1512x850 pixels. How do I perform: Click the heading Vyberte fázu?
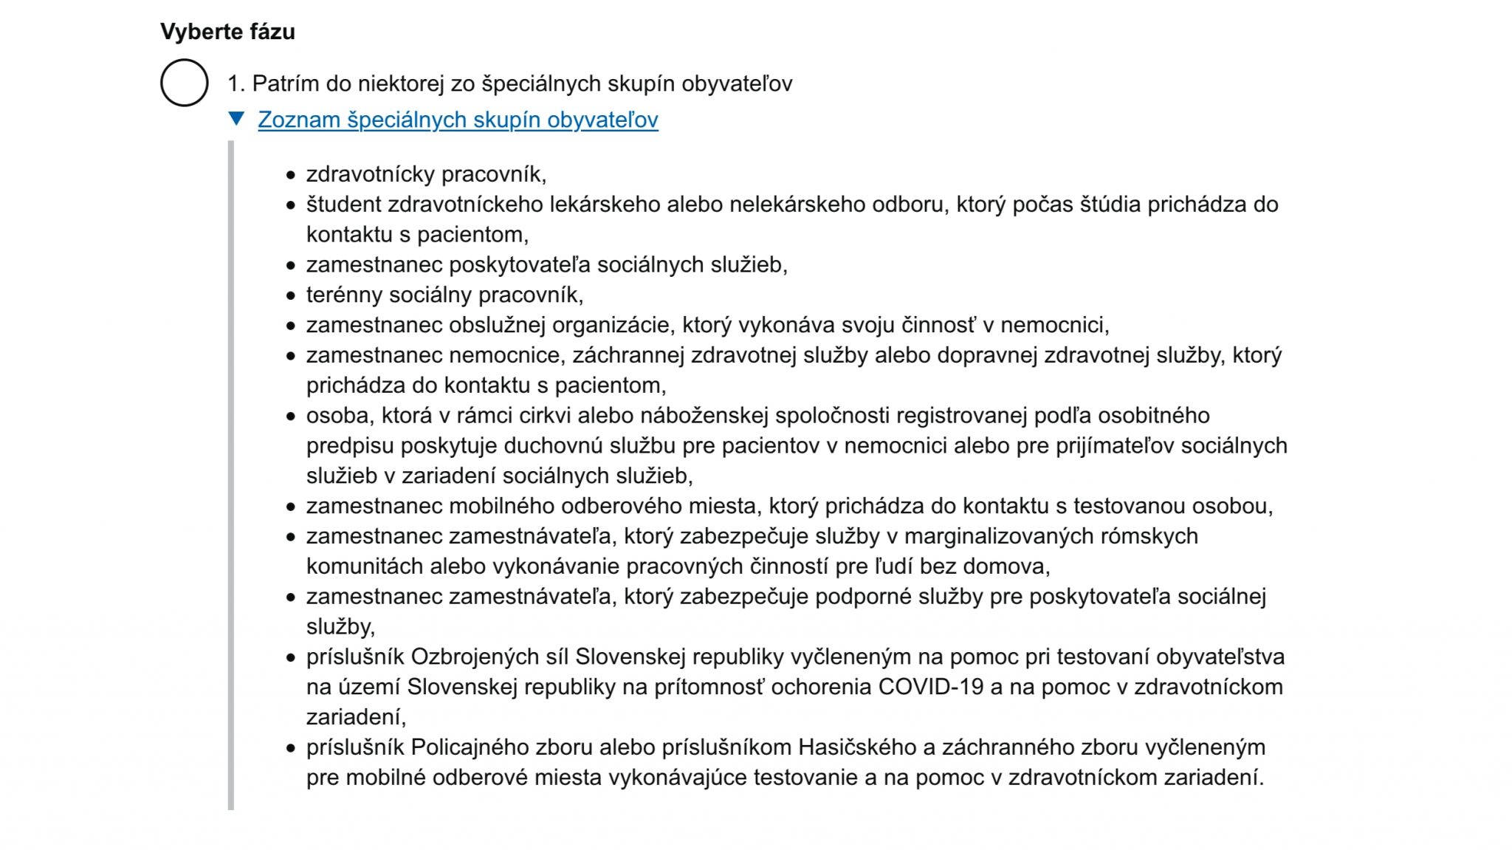227,32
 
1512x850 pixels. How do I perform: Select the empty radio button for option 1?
185,83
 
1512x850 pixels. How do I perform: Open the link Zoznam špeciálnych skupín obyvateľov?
458,120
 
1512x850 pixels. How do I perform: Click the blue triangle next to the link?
236,118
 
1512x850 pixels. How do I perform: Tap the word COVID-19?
930,687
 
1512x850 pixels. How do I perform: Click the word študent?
344,205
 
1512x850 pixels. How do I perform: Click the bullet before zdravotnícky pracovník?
291,175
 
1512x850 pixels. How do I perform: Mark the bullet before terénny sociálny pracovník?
291,295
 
